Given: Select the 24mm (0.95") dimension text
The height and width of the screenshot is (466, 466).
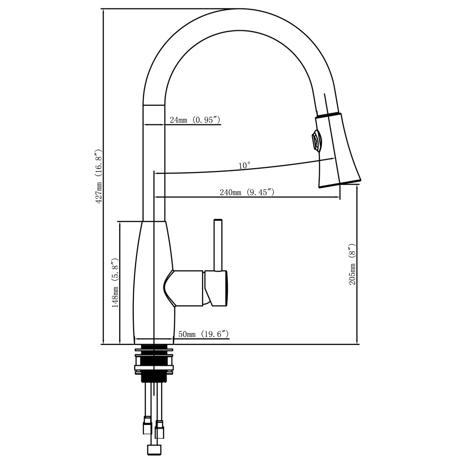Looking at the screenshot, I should (x=194, y=120).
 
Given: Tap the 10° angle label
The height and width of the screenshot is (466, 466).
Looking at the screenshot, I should (x=245, y=165).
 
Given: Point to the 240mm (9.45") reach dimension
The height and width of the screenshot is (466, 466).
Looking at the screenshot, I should (x=247, y=192).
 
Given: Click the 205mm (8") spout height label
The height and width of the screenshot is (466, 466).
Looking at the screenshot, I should (x=352, y=264).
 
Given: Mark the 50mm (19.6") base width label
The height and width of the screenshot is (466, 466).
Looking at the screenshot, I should (x=203, y=334).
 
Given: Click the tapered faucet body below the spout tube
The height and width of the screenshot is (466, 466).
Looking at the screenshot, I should (x=151, y=280).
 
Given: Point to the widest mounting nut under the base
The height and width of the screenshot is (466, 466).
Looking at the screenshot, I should (x=153, y=368).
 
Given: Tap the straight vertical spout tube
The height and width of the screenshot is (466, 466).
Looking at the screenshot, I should (x=153, y=163).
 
